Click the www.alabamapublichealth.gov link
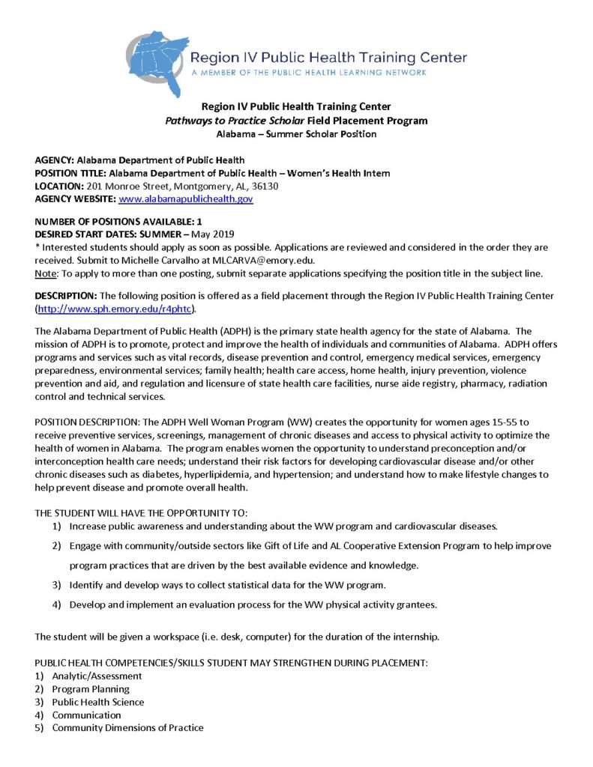pyautogui.click(x=186, y=199)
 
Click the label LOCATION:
pyautogui.click(x=59, y=187)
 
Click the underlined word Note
pyautogui.click(x=46, y=272)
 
